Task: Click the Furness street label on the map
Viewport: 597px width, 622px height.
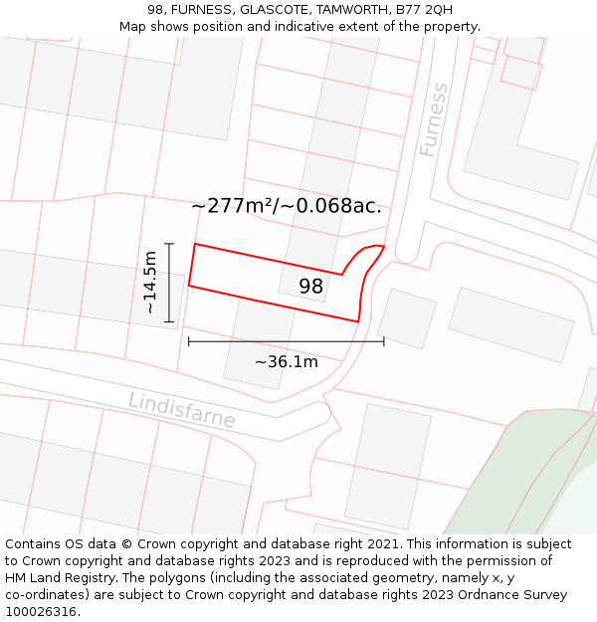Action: click(434, 120)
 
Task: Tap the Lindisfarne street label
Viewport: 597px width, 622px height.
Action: click(182, 410)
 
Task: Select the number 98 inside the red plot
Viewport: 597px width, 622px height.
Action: click(311, 287)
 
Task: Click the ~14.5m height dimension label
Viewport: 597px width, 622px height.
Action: click(149, 283)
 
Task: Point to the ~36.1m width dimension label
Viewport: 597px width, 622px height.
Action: click(287, 361)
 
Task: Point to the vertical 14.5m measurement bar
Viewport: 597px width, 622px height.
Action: click(170, 283)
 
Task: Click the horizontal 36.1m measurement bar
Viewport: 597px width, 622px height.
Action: click(287, 341)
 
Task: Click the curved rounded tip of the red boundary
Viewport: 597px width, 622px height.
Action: click(373, 248)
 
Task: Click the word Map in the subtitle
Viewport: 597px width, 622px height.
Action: click(135, 27)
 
